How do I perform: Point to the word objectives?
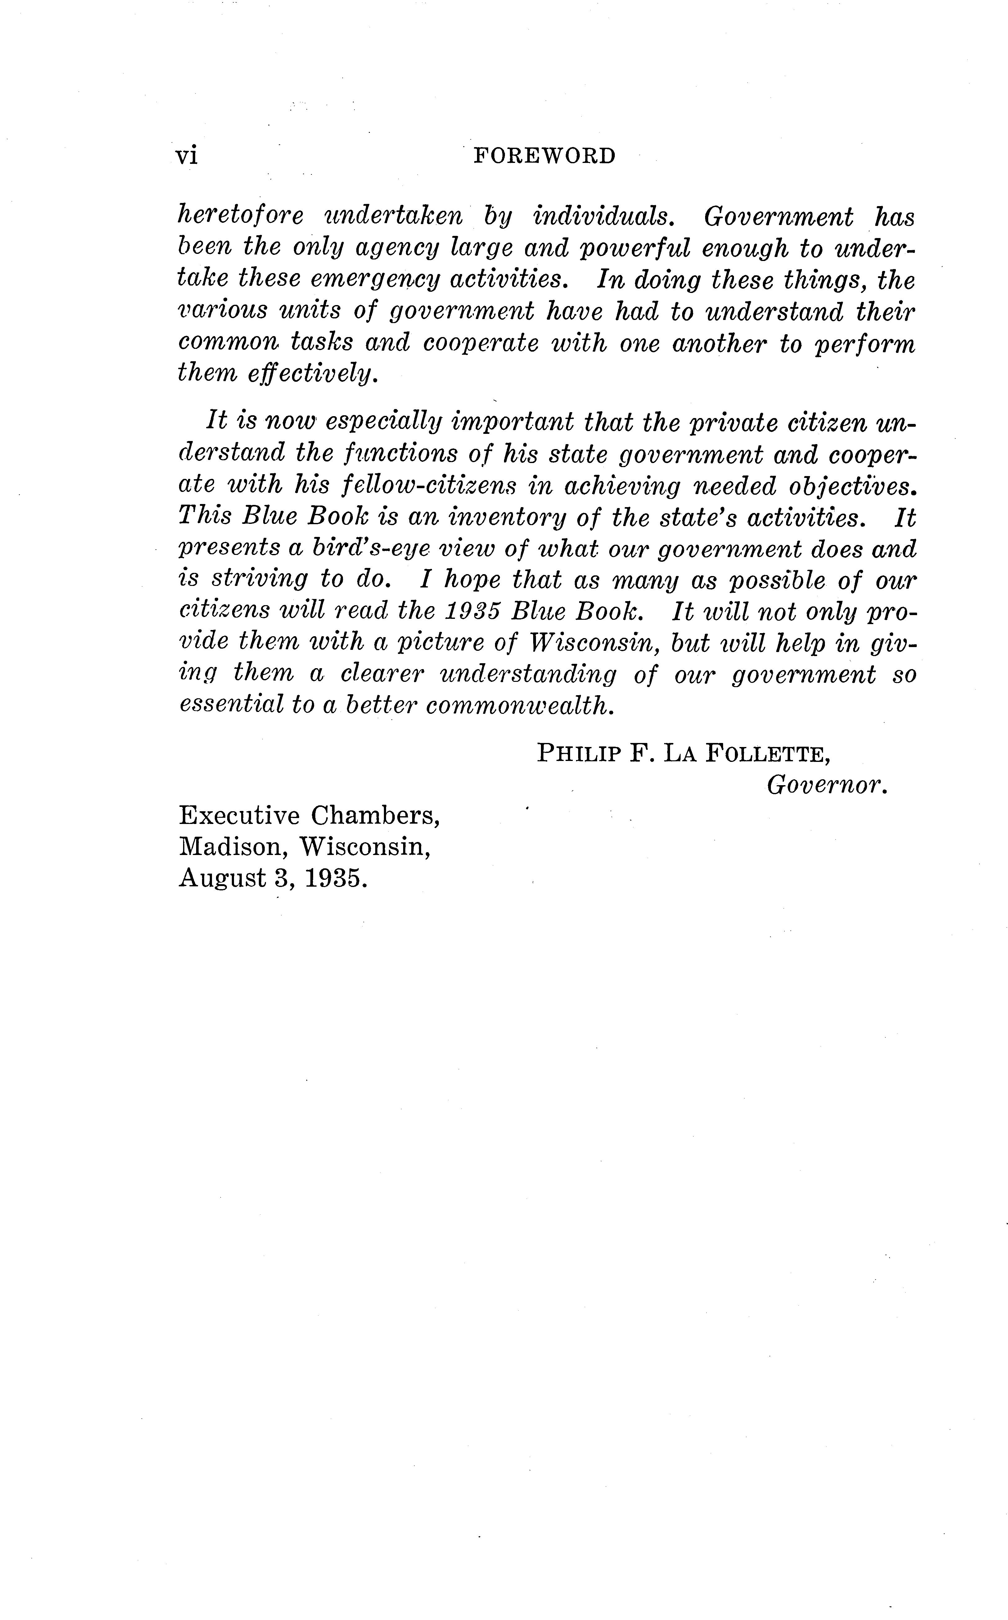coord(852,486)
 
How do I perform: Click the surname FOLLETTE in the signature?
coord(767,754)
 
